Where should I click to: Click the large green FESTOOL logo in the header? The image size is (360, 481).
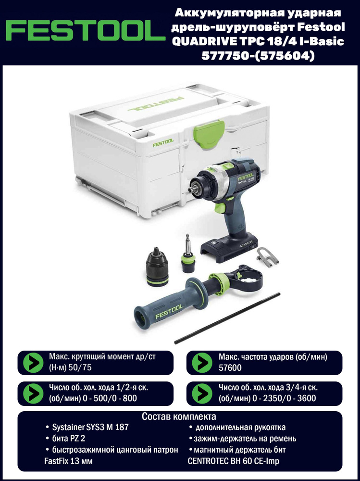pos(82,31)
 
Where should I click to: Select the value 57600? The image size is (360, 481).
pos(230,367)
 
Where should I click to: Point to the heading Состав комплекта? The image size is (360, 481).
pos(179,417)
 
